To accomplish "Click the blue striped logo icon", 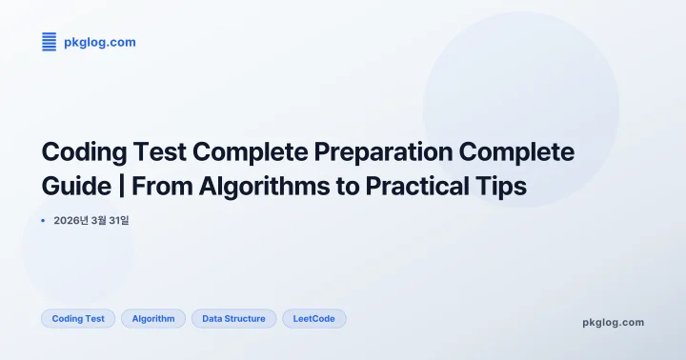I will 49,42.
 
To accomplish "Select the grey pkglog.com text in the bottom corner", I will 613,322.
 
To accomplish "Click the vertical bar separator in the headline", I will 122,187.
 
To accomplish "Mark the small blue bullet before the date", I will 43,220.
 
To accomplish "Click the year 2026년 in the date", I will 71,220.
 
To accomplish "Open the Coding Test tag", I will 78,318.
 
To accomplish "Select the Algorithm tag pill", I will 153,318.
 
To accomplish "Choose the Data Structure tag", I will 233,318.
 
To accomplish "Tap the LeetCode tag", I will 313,318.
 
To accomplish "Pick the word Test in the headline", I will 168,152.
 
